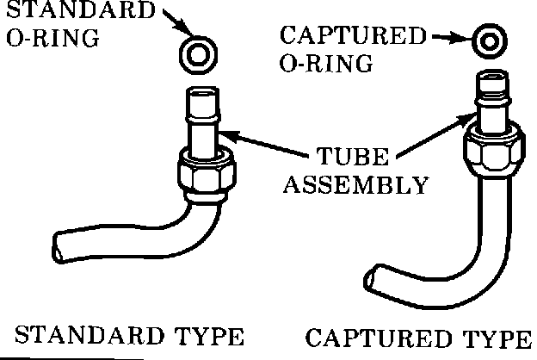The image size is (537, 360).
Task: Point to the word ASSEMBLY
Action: [x=356, y=185]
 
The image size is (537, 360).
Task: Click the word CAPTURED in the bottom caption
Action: [x=374, y=336]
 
